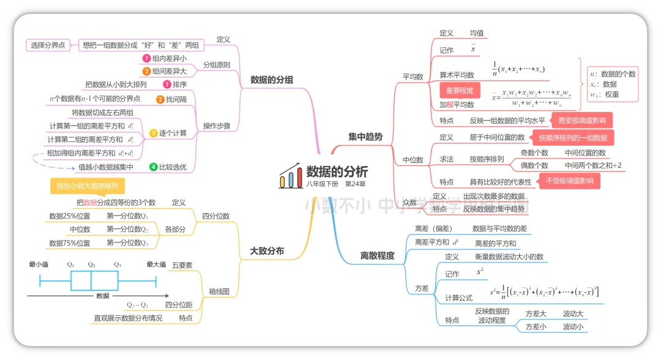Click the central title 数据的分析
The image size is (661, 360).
click(x=337, y=172)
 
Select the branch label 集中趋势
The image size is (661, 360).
click(x=365, y=137)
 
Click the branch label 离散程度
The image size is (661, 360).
click(x=377, y=255)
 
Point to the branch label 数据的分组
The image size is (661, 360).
click(x=272, y=80)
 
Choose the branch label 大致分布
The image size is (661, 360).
click(x=267, y=250)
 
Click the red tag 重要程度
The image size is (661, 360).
click(x=460, y=91)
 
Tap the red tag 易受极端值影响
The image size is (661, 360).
click(x=581, y=120)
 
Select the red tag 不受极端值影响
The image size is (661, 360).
click(x=569, y=181)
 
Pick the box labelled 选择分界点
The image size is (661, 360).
click(x=48, y=45)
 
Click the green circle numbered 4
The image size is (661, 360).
click(x=154, y=167)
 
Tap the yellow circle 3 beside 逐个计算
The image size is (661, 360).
click(x=154, y=133)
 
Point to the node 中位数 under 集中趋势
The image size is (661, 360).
click(x=413, y=160)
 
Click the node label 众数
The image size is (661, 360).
click(x=409, y=203)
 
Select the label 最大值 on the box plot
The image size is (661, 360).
click(x=156, y=264)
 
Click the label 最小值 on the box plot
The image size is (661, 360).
click(x=39, y=264)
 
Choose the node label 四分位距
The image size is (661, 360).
click(x=179, y=304)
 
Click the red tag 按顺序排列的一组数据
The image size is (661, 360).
click(x=573, y=138)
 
